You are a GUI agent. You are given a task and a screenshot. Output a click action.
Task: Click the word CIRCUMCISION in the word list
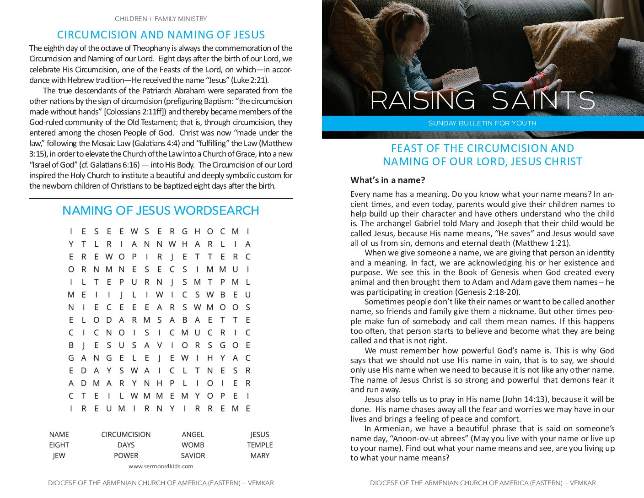(x=126, y=434)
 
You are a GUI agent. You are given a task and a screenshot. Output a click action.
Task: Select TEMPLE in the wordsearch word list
(x=260, y=445)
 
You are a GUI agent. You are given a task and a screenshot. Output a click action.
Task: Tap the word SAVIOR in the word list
(x=193, y=455)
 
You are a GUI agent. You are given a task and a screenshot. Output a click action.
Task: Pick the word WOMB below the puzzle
(x=193, y=445)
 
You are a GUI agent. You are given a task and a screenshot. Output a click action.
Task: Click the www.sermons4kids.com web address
(x=161, y=466)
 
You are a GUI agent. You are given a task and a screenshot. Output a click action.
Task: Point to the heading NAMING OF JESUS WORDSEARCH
(x=161, y=211)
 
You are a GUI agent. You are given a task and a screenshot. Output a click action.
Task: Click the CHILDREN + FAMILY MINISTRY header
(x=161, y=19)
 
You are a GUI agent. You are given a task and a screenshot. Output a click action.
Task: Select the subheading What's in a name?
(x=387, y=180)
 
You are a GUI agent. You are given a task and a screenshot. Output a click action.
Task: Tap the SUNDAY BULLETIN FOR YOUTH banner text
(x=482, y=123)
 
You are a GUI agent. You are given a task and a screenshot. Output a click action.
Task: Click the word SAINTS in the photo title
(x=543, y=100)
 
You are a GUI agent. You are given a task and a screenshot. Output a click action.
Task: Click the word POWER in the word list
(x=126, y=455)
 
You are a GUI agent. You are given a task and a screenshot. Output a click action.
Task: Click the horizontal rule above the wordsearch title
(x=161, y=199)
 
